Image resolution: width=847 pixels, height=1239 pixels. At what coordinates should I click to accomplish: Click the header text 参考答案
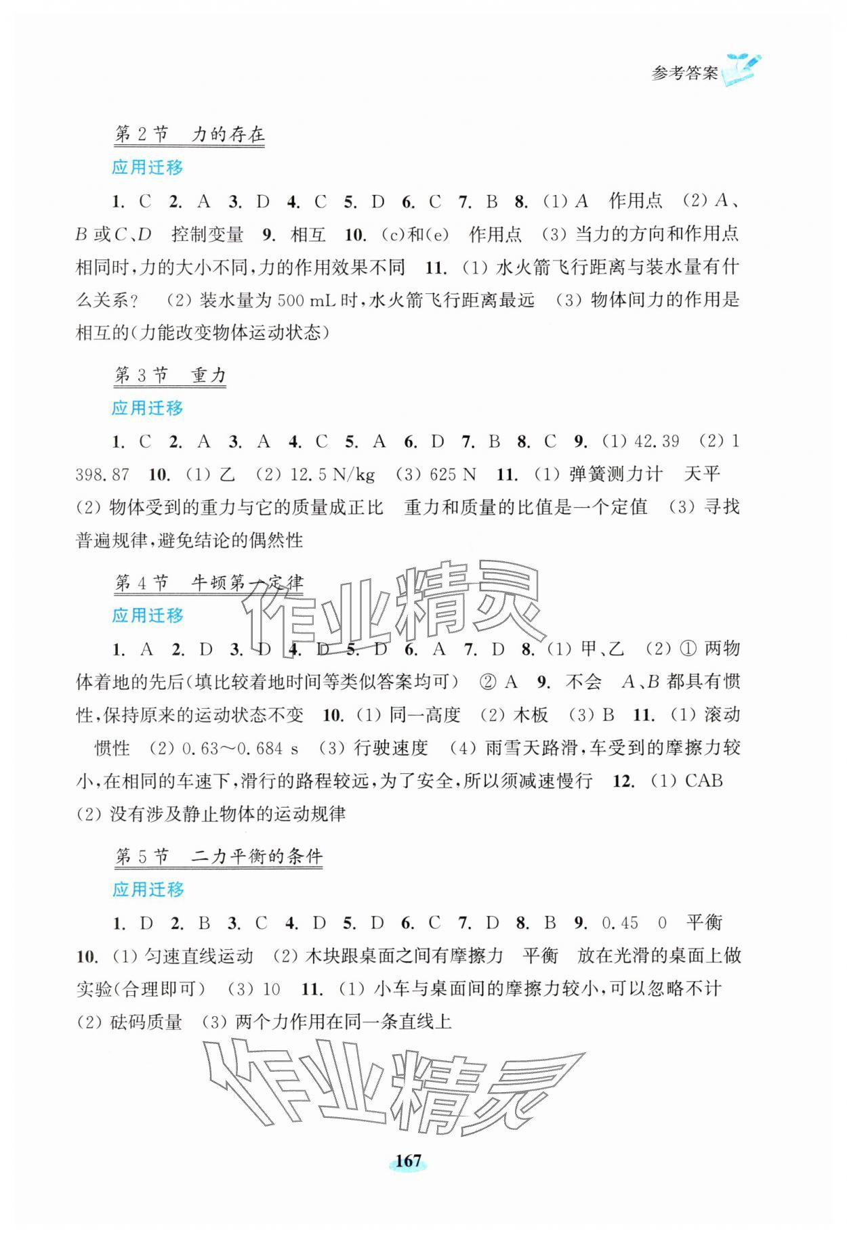coord(684,73)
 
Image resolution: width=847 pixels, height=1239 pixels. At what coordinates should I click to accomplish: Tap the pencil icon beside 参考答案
coord(742,69)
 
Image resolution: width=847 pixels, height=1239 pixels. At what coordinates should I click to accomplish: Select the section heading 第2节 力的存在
coord(189,134)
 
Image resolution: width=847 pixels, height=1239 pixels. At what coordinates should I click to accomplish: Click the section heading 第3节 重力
coord(169,375)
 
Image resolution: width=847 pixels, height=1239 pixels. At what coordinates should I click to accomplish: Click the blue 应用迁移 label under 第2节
coord(148,167)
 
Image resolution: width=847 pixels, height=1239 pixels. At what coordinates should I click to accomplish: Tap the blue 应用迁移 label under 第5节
coord(148,889)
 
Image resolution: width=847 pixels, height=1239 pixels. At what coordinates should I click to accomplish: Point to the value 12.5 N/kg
coord(332,475)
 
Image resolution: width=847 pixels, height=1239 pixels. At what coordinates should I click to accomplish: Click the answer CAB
coord(703,781)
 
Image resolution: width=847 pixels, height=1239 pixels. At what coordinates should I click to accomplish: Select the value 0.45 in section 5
coord(620,923)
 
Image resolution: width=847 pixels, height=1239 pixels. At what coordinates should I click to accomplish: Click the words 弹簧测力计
coord(615,475)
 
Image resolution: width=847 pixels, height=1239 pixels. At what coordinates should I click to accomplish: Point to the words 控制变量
coord(207,234)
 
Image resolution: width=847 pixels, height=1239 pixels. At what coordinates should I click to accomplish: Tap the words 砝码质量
coord(146,1022)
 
